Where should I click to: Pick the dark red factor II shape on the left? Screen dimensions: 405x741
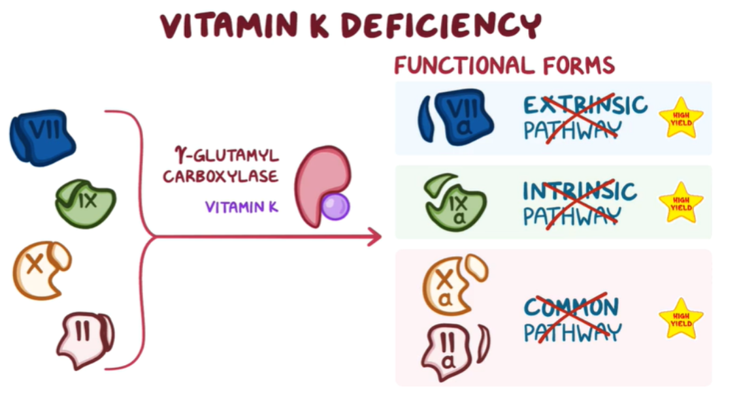coord(85,340)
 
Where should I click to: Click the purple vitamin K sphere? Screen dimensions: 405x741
coord(335,206)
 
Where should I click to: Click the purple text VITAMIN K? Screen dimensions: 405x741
coord(241,207)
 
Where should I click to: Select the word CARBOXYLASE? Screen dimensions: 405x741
coord(220,176)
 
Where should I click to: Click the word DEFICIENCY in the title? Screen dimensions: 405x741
coord(441,26)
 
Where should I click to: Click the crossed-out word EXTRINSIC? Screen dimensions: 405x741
coord(585,105)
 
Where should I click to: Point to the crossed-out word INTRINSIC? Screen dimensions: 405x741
coord(579,191)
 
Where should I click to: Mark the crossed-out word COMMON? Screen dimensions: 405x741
coord(571,306)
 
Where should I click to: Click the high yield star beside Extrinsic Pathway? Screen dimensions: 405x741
coord(681,118)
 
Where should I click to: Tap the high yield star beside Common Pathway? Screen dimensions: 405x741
coord(681,318)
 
